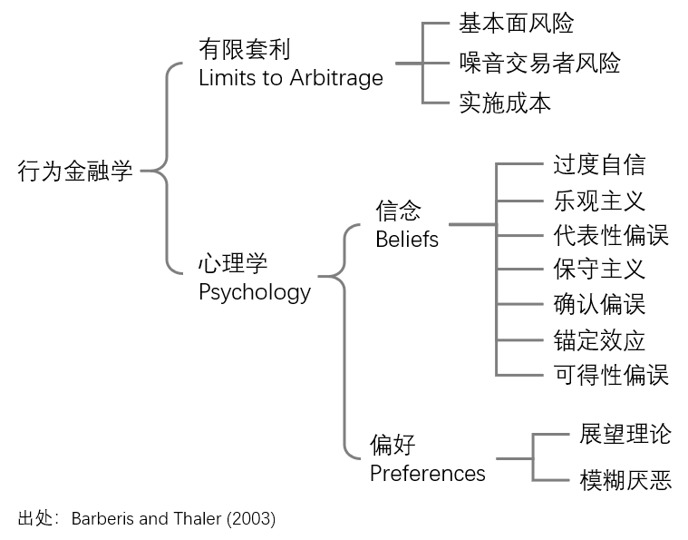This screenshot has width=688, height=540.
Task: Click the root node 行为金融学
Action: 75,171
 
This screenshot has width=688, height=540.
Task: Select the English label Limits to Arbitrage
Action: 291,78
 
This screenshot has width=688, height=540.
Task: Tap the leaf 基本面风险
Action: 517,23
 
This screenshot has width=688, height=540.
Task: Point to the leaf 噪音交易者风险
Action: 539,63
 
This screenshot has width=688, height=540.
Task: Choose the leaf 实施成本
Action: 505,103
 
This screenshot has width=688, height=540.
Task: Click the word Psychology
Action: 255,292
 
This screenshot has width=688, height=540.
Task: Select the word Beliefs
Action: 407,240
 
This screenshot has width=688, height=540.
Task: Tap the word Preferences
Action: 428,474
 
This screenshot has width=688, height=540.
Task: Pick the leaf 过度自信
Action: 599,165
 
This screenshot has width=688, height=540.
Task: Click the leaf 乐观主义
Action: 599,201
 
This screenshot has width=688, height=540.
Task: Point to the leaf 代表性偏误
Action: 611,235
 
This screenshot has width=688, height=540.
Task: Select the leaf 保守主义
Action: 599,269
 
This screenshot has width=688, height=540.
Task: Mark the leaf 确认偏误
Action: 599,304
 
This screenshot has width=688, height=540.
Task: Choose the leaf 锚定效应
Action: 599,340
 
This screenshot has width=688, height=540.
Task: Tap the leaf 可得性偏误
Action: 611,375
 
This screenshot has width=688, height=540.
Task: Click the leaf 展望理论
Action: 625,434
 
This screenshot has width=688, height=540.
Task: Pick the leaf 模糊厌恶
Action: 625,480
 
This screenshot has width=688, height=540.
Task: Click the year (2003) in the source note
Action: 251,519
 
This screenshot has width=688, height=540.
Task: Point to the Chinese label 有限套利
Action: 245,49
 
